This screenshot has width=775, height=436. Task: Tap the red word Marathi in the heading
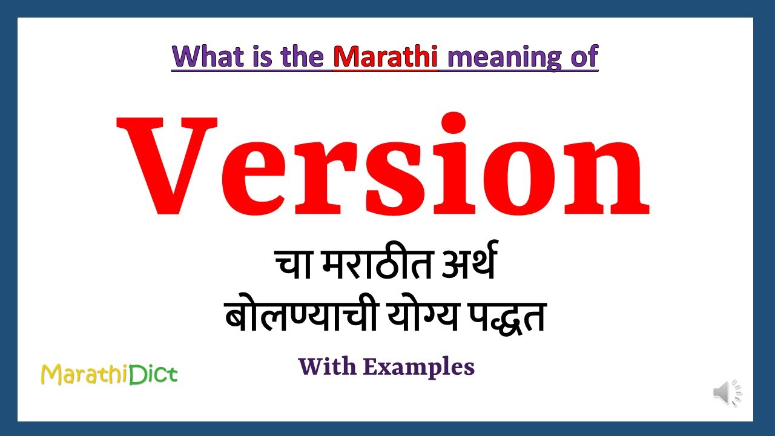pos(385,56)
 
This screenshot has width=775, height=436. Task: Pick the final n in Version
pos(612,179)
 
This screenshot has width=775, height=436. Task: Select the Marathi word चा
pos(293,265)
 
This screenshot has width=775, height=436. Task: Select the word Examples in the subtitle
pos(418,367)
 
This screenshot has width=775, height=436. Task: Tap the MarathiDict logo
pos(109,374)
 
